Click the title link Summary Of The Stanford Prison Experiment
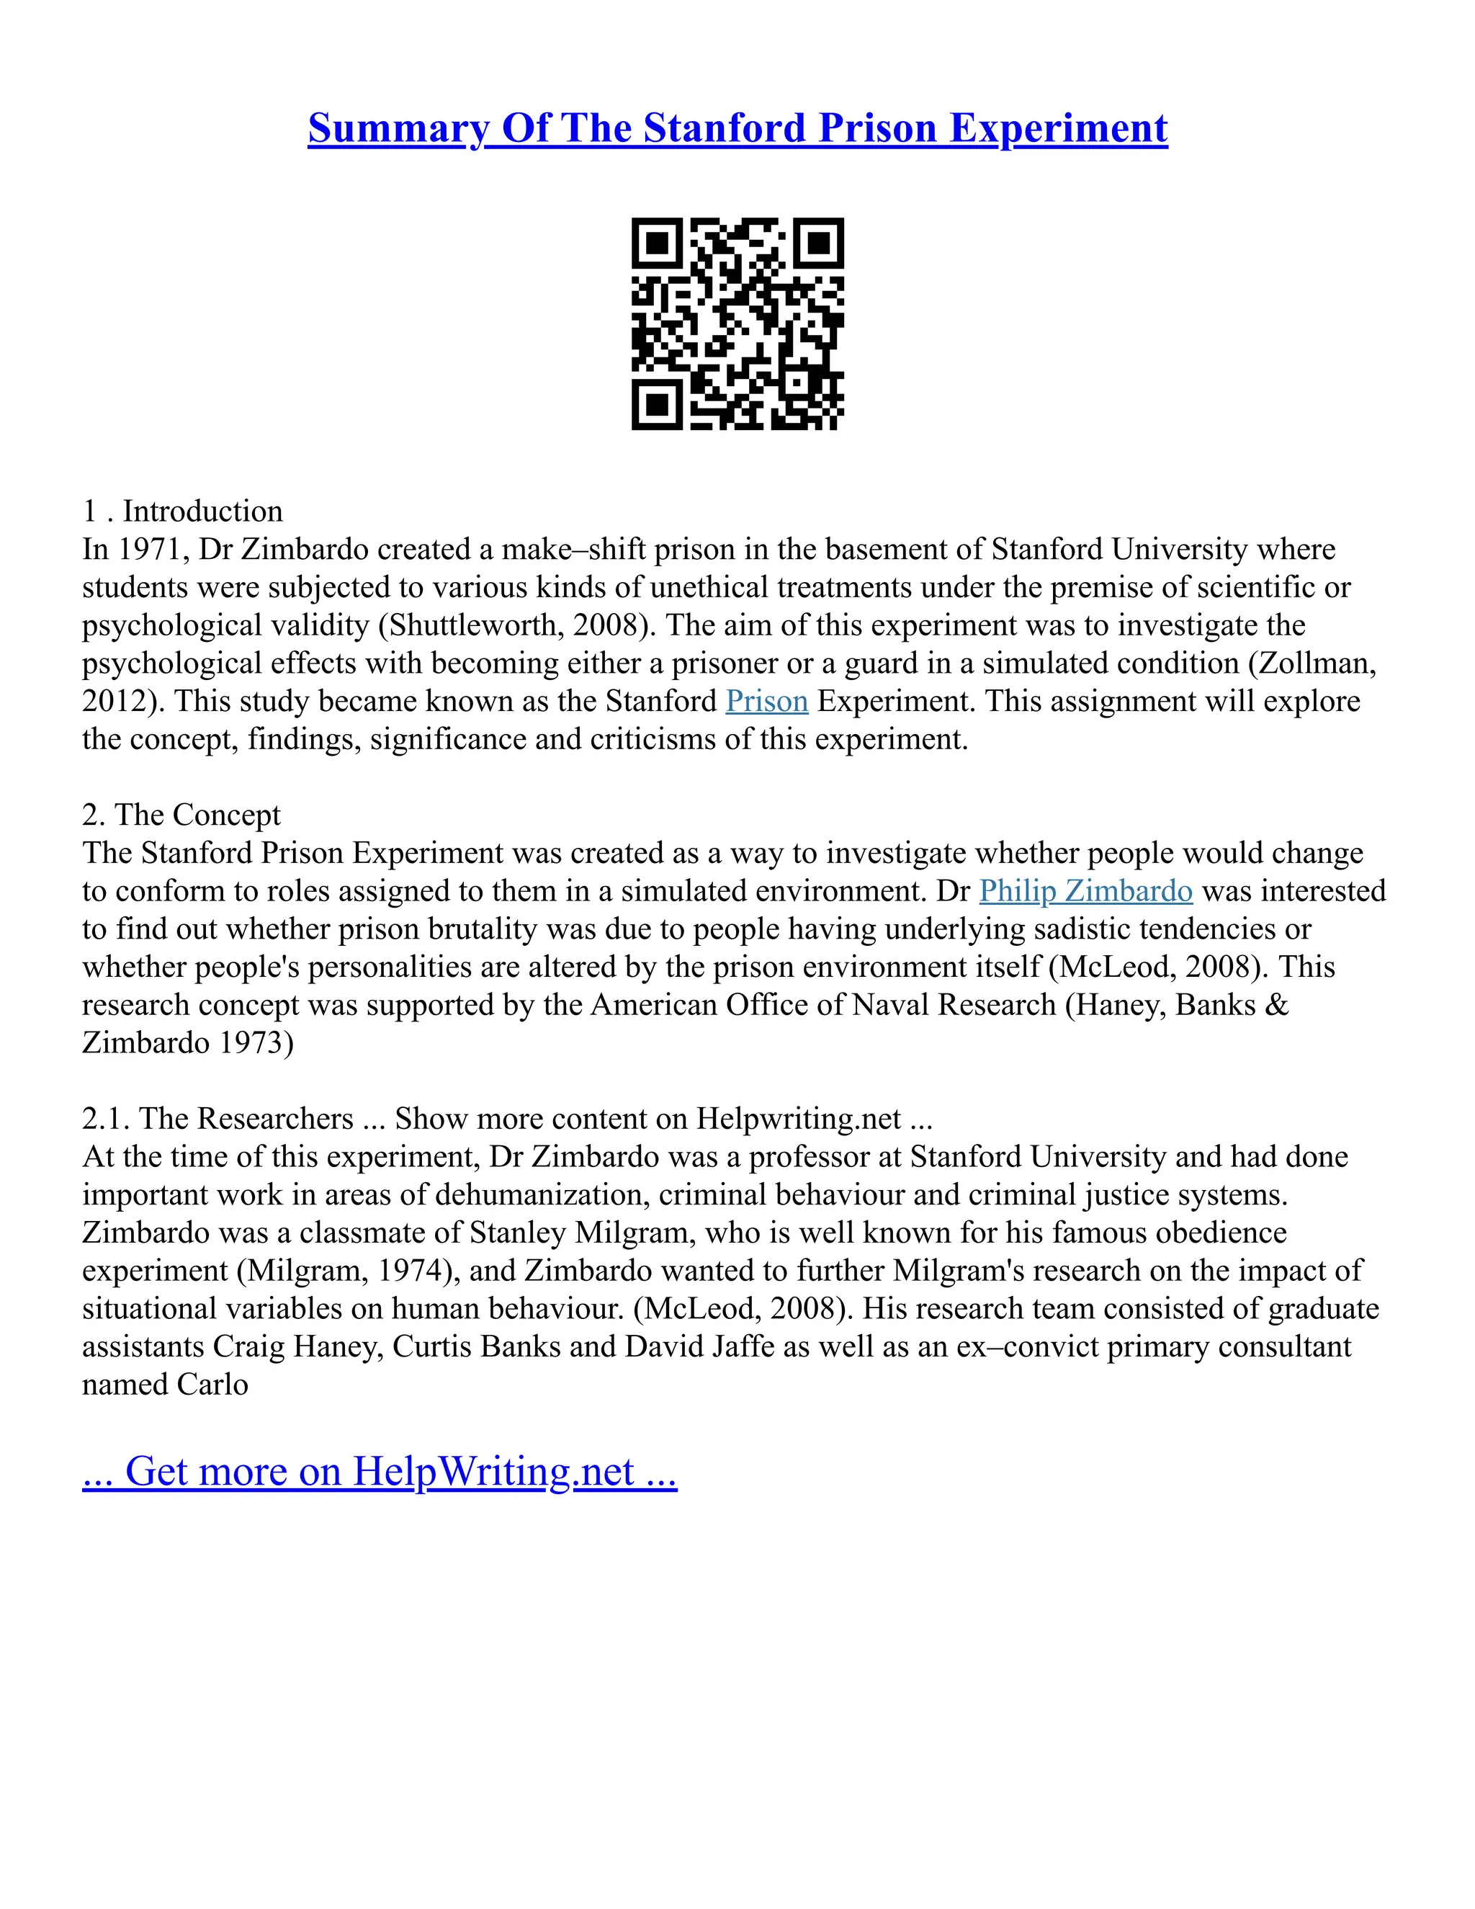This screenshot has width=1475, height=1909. pyautogui.click(x=737, y=128)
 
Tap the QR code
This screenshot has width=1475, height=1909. pyautogui.click(x=737, y=324)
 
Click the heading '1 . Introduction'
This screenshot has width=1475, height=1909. pyautogui.click(x=183, y=511)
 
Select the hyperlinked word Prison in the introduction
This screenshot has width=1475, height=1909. pyautogui.click(x=766, y=702)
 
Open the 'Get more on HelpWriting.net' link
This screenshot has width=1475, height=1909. pyautogui.click(x=380, y=1471)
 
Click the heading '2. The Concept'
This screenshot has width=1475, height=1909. pyautogui.click(x=181, y=815)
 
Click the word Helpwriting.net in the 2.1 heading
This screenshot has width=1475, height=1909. pyautogui.click(x=798, y=1119)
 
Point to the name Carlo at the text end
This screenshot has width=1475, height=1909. pyautogui.click(x=212, y=1385)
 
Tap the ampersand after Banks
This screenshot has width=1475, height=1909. pyautogui.click(x=1276, y=1005)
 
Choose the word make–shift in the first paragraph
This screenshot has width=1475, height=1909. pyautogui.click(x=573, y=550)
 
